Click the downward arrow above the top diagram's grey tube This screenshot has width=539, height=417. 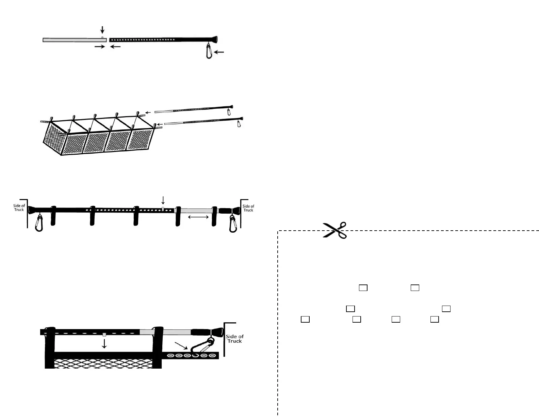[x=102, y=30]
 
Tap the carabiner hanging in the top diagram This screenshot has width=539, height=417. [x=209, y=51]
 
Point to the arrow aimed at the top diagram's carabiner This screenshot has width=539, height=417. [x=219, y=52]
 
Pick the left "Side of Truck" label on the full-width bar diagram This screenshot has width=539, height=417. [x=19, y=207]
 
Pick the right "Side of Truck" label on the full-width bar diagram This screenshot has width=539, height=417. [x=248, y=208]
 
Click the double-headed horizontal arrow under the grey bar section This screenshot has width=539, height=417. [x=198, y=217]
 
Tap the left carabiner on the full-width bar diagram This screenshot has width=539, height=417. [x=39, y=224]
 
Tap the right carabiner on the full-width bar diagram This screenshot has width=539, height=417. [x=233, y=224]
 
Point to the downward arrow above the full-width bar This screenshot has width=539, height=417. [x=163, y=200]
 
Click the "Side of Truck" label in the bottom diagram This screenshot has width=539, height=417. [x=234, y=339]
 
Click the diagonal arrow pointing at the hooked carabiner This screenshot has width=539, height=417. [x=181, y=345]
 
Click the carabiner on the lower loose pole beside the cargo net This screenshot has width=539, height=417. [x=239, y=123]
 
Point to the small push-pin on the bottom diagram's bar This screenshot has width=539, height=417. [x=104, y=335]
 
